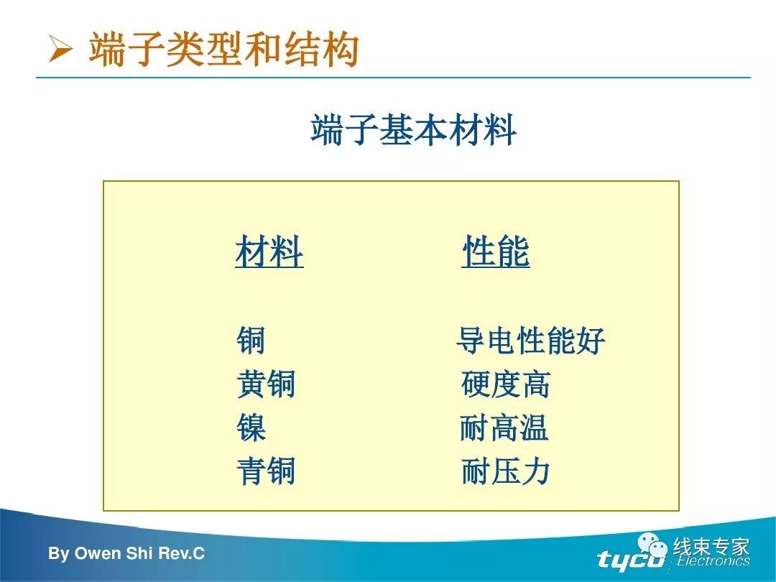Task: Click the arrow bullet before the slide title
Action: point(60,50)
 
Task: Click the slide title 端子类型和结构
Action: point(223,50)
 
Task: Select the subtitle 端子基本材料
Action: point(413,131)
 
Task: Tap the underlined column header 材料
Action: point(269,252)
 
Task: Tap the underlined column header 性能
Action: point(496,252)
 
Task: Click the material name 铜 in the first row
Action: point(251,340)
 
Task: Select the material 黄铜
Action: point(266,384)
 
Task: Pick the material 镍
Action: point(251,428)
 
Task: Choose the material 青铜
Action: point(266,472)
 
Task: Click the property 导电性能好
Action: point(530,340)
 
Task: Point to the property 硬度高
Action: point(505,384)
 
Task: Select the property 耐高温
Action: point(504,428)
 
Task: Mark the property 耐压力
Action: point(505,472)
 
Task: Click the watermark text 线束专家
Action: point(711,547)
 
